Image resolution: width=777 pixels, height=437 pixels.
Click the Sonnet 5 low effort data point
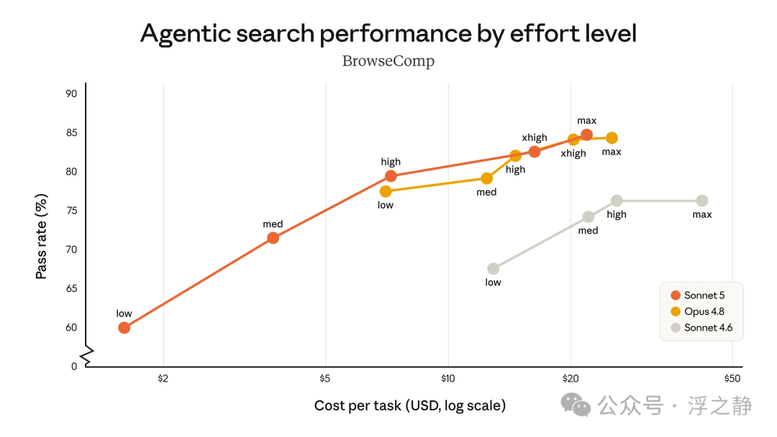(x=124, y=328)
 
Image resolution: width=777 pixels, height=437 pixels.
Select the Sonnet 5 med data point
(x=273, y=238)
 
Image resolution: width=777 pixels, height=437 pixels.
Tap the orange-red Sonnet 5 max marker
(x=587, y=134)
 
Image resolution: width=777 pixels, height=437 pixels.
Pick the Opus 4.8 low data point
(x=386, y=191)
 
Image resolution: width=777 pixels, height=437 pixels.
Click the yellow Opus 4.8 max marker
(x=612, y=138)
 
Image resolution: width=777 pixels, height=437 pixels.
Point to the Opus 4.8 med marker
(x=486, y=178)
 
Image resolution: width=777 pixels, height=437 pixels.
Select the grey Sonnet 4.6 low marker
(x=493, y=269)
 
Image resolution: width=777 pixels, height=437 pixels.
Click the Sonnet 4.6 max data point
(x=702, y=201)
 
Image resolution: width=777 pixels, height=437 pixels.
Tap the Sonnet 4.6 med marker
(x=589, y=217)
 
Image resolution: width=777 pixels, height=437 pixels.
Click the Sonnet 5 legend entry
(x=698, y=295)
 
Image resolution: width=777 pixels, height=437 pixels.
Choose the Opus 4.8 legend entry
(x=698, y=311)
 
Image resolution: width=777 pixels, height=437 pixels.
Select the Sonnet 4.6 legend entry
(x=701, y=328)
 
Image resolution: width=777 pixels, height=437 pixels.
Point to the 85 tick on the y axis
(x=71, y=133)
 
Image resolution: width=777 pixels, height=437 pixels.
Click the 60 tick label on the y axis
(x=71, y=328)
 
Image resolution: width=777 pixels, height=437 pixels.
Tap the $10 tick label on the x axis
(x=448, y=379)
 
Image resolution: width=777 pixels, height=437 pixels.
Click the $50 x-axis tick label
(x=732, y=379)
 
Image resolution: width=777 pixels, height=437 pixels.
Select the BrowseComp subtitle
(x=388, y=61)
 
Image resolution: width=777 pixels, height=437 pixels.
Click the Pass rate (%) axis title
(x=42, y=236)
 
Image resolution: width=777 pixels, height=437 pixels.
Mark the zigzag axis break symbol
(x=88, y=356)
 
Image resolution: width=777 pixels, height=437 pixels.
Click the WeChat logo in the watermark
(x=576, y=405)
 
